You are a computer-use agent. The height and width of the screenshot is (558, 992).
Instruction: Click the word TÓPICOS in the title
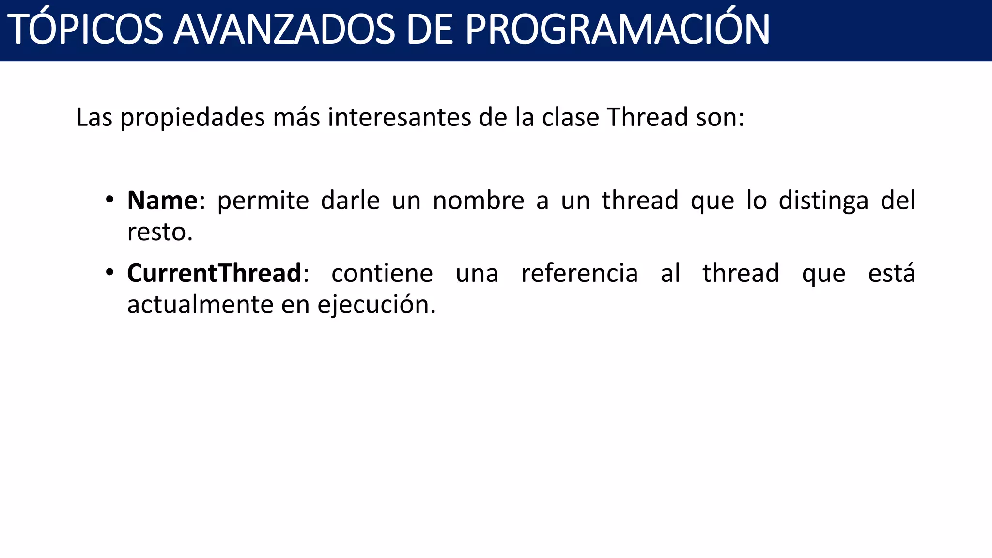click(x=85, y=30)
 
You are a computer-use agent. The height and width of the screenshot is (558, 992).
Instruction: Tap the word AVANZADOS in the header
click(x=284, y=30)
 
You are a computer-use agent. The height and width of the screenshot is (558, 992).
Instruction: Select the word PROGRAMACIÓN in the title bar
click(x=617, y=30)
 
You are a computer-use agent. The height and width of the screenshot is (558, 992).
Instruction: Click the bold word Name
click(x=162, y=201)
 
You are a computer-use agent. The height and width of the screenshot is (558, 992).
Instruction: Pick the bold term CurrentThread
click(x=214, y=273)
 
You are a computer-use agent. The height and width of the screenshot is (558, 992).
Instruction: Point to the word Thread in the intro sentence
click(x=647, y=117)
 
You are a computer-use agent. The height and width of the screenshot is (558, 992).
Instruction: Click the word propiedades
click(x=192, y=118)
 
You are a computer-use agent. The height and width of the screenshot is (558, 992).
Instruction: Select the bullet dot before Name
click(x=110, y=199)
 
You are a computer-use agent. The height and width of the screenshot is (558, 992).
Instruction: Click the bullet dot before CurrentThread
click(x=110, y=272)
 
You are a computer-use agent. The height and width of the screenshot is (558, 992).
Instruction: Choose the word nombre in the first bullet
click(x=478, y=201)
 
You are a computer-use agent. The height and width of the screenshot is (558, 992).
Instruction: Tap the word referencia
click(x=579, y=273)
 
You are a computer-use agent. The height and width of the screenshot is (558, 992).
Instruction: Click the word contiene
click(x=382, y=273)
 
